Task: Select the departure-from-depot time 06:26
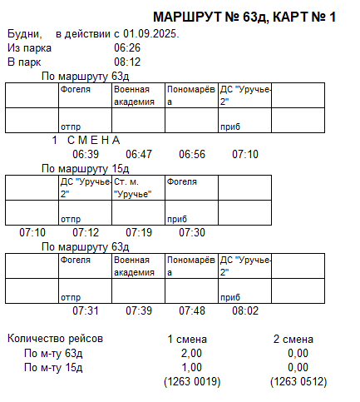point(127,47)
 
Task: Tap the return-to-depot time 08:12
point(127,62)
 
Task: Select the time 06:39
point(86,154)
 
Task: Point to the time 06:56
point(192,154)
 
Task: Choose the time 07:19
point(139,232)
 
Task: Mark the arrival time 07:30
point(192,232)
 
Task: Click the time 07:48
point(192,310)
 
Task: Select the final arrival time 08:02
point(245,310)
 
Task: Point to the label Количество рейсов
point(55,339)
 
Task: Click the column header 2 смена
point(293,339)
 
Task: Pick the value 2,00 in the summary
point(192,353)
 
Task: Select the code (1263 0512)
point(298,381)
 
